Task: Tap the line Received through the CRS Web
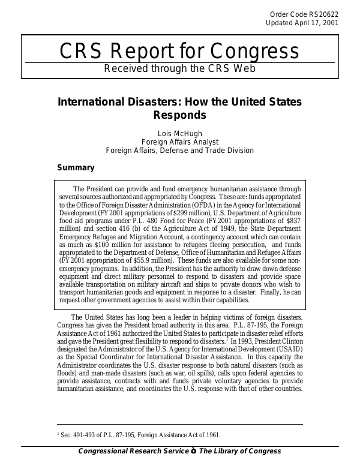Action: click(x=179, y=68)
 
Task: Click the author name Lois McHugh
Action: click(x=179, y=133)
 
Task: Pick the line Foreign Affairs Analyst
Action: click(x=179, y=142)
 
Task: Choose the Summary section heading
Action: click(x=75, y=168)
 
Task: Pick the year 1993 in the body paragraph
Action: click(x=248, y=340)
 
